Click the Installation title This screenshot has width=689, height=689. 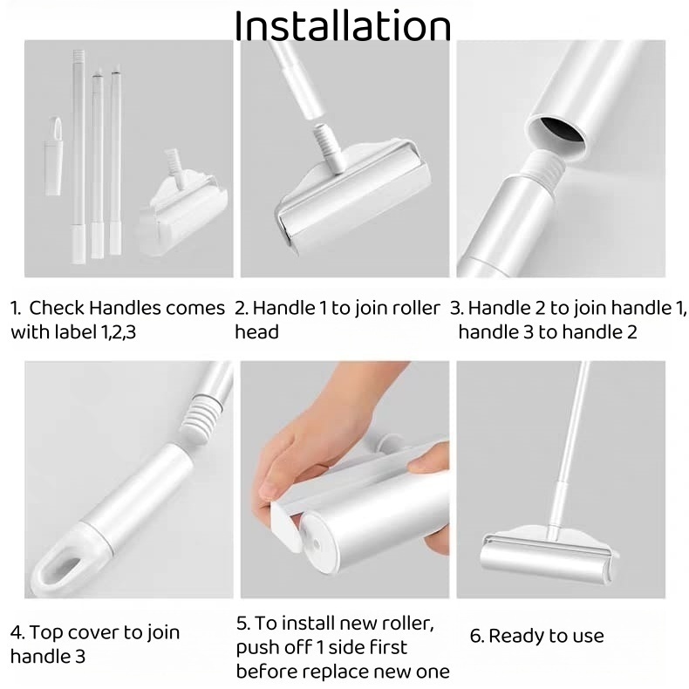[x=343, y=26]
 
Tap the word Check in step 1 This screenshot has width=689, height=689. [x=56, y=308]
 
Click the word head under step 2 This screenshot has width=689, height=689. [x=256, y=331]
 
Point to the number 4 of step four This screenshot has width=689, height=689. [x=17, y=633]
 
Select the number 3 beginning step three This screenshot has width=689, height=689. [x=455, y=308]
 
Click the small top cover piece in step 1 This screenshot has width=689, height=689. [x=53, y=156]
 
